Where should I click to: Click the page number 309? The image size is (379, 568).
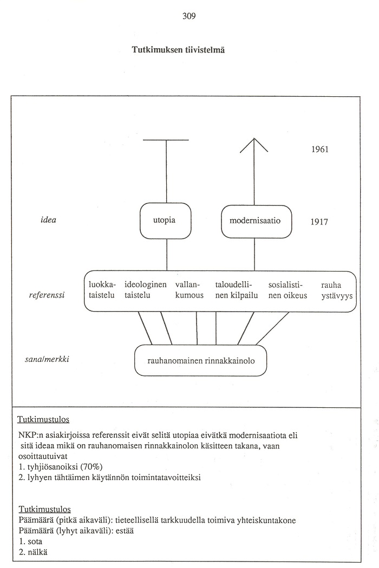tap(189, 16)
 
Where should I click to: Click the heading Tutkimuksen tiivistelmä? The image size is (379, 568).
tap(178, 50)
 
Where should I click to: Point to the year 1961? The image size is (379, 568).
tap(320, 149)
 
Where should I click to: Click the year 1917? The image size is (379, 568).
tap(319, 222)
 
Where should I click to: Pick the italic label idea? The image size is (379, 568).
tap(48, 220)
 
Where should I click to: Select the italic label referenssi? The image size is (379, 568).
tap(47, 295)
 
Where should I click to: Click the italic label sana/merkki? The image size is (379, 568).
tap(47, 359)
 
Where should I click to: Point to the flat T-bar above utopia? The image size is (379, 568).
tap(166, 140)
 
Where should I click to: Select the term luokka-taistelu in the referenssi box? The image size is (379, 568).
tap(102, 290)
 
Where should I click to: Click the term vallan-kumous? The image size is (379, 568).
tap(189, 290)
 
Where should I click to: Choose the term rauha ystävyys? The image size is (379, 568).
tap(337, 290)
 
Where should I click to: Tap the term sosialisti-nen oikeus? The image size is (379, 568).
tap(287, 290)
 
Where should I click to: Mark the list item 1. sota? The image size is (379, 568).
tap(30, 541)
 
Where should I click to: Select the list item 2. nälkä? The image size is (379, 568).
tap(32, 552)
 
